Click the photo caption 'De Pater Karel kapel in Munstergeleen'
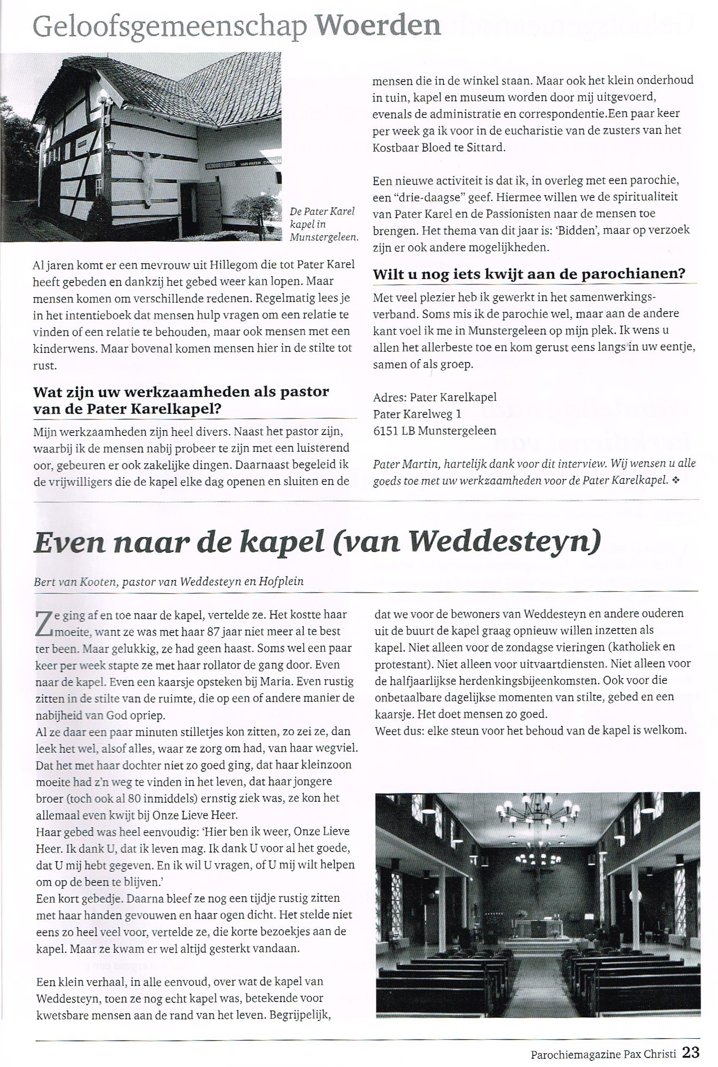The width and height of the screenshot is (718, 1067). [x=323, y=224]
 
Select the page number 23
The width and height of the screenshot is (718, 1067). [x=691, y=1052]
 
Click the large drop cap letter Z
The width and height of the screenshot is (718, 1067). [x=44, y=623]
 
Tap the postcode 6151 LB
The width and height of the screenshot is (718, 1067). [x=393, y=431]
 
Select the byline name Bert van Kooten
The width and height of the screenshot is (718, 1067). [x=75, y=582]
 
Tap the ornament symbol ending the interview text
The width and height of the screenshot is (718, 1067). [x=676, y=480]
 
